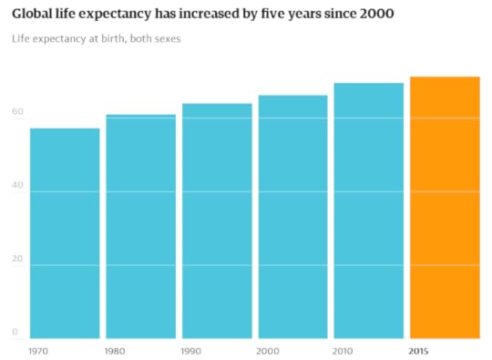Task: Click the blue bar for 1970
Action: tap(65, 233)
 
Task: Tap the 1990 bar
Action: tap(217, 221)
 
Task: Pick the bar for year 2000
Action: tap(292, 217)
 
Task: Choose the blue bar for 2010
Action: tap(368, 211)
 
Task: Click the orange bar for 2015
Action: tap(445, 207)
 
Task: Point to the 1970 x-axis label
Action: tap(39, 350)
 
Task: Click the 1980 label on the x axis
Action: tap(116, 350)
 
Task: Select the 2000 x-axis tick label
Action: tap(268, 350)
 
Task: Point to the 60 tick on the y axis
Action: tap(17, 112)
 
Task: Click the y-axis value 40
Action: tap(17, 186)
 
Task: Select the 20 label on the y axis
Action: tap(17, 259)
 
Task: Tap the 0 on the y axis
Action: tap(15, 333)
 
